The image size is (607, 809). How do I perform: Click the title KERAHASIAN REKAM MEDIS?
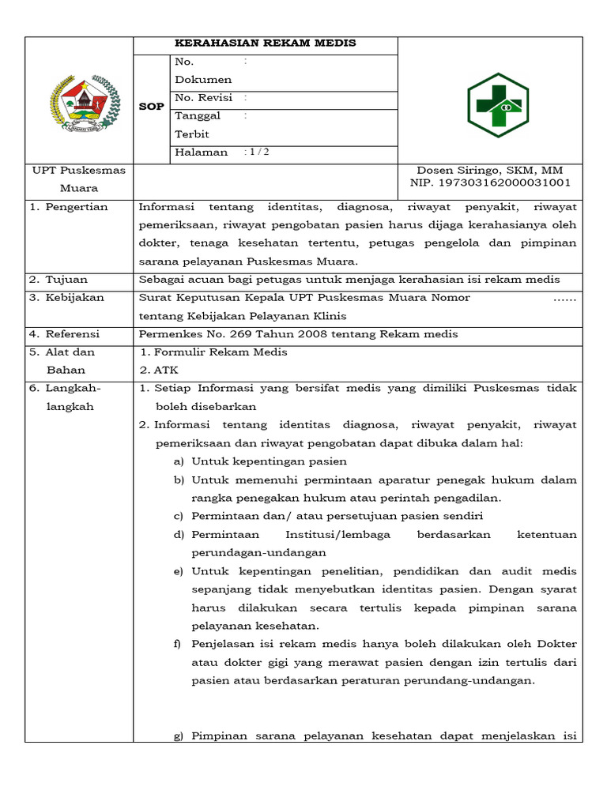(x=265, y=43)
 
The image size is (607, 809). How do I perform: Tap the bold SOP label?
(x=151, y=106)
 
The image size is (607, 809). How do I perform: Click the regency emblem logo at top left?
(x=83, y=102)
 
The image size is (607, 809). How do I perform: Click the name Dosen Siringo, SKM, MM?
(x=489, y=171)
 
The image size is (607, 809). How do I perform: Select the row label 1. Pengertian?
(x=69, y=207)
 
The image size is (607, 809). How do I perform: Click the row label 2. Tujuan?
(x=58, y=280)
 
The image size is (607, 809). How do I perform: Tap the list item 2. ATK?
(x=160, y=370)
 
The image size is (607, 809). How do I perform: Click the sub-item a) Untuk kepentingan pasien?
(x=260, y=461)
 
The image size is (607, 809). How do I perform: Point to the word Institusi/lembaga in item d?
(x=338, y=535)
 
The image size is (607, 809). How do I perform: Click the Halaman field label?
(x=202, y=152)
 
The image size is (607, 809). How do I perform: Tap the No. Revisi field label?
(x=203, y=98)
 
